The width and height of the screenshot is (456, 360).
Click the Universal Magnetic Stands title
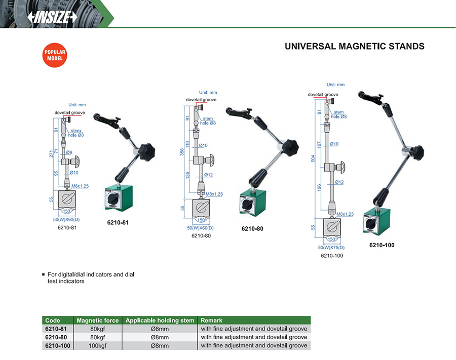click(354, 47)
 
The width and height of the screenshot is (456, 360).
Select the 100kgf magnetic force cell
click(97, 345)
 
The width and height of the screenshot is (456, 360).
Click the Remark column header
click(211, 321)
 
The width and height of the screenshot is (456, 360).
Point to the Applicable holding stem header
click(160, 321)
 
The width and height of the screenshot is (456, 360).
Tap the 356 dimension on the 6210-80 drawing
click(182, 152)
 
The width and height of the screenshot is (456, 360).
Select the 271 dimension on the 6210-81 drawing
click(52, 154)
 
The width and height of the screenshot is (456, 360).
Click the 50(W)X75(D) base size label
click(331, 248)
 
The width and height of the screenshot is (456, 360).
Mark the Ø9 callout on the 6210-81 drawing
click(69, 152)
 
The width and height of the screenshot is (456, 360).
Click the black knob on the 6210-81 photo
click(147, 150)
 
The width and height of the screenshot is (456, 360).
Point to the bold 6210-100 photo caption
click(382, 245)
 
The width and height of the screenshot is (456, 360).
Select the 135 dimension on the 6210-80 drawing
click(188, 175)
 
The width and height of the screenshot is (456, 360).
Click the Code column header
click(53, 321)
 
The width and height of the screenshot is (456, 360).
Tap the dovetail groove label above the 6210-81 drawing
click(69, 112)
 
